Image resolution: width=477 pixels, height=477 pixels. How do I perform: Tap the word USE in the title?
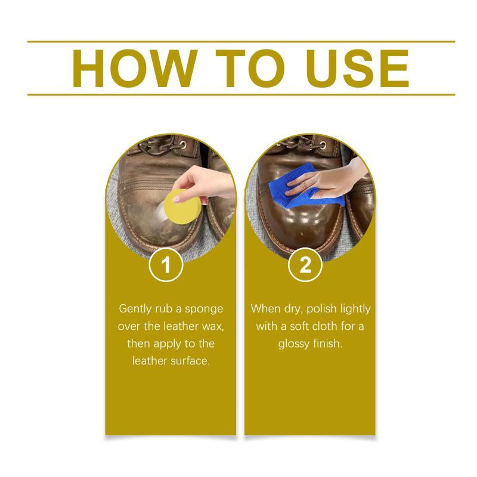358,69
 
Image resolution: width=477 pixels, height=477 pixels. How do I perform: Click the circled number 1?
166,265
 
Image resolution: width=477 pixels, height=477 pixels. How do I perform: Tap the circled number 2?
305,265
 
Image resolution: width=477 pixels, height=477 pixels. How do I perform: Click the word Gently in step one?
135,309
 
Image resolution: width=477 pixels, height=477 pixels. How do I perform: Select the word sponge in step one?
204,309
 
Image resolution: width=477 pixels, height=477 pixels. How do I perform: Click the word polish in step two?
321,309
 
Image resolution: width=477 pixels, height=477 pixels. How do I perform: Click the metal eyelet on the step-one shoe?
183,144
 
